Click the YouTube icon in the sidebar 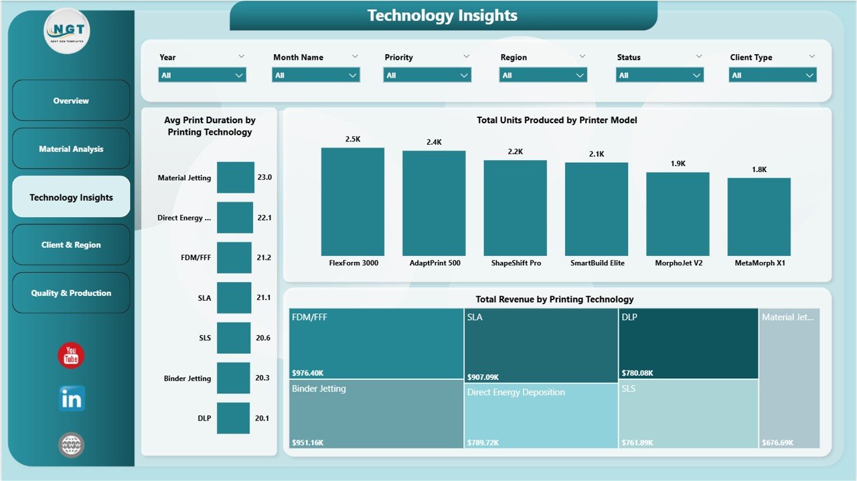[71, 356]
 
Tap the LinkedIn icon [71, 399]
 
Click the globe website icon [71, 445]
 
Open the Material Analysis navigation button [71, 149]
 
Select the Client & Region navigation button [71, 245]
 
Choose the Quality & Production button [71, 293]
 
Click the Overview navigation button [71, 100]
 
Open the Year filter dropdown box [202, 75]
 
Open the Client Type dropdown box [773, 75]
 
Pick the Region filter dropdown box [543, 75]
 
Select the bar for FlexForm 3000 [353, 202]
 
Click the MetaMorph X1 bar [759, 216]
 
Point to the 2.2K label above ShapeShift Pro [515, 152]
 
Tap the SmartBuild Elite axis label [597, 263]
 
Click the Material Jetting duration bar [236, 178]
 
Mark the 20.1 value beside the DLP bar [262, 419]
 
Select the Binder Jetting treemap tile [376, 414]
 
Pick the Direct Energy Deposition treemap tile [541, 414]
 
